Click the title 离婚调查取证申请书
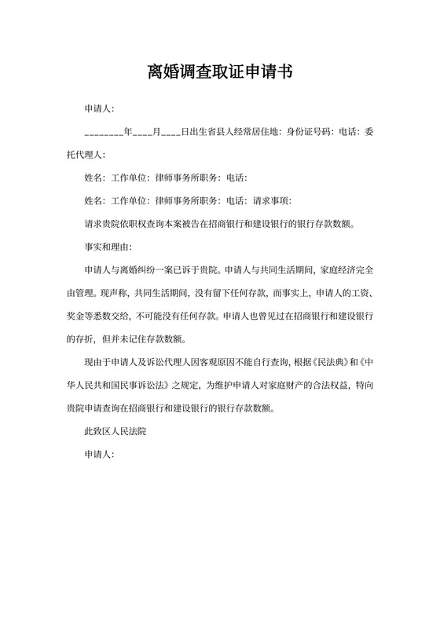pyautogui.click(x=220, y=73)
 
